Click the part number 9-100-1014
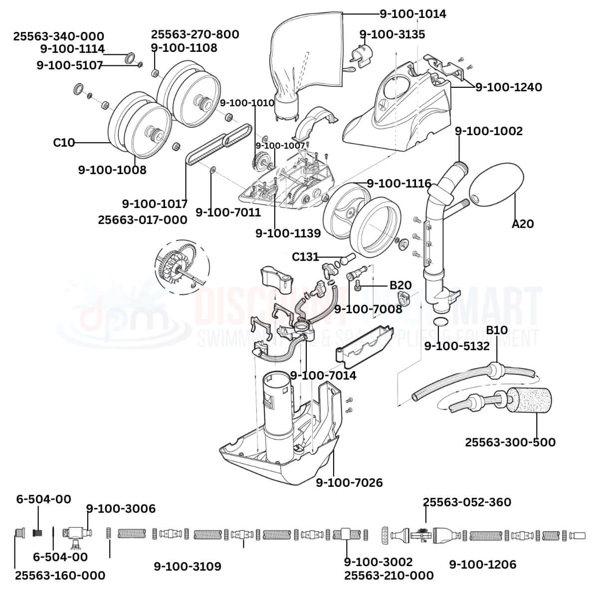(x=412, y=14)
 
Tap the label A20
(x=522, y=224)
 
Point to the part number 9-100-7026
(x=349, y=483)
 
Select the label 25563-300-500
(x=510, y=442)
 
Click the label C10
(x=64, y=143)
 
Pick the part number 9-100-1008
(x=112, y=170)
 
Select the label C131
(x=305, y=257)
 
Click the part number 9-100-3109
(x=187, y=567)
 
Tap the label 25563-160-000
(x=60, y=575)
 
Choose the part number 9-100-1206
(x=482, y=565)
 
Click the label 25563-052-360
(x=467, y=502)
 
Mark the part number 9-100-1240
(x=508, y=87)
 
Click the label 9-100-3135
(x=392, y=34)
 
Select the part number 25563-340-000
(x=59, y=36)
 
